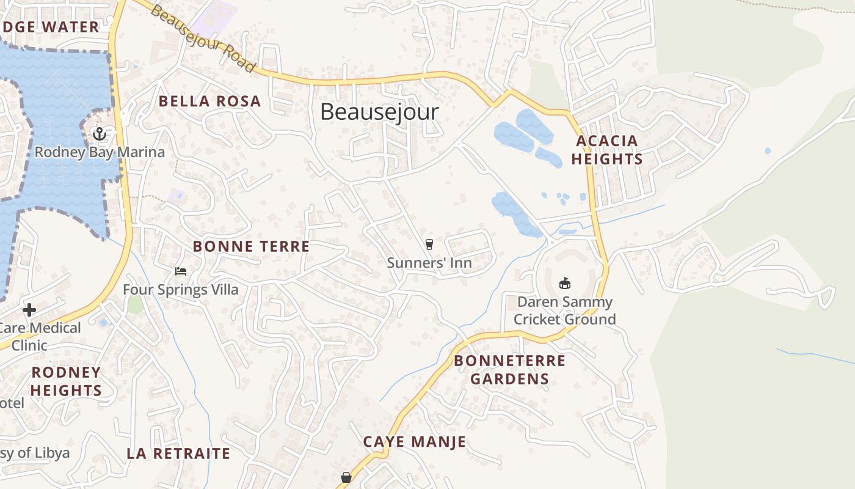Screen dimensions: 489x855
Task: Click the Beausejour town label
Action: (379, 112)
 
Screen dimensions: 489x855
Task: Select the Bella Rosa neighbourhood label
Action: (209, 101)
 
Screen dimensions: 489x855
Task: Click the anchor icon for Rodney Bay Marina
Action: (99, 134)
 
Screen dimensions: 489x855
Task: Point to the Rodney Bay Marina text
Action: (100, 152)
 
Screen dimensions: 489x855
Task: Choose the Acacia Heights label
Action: (607, 150)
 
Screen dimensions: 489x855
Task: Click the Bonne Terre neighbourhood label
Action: (251, 246)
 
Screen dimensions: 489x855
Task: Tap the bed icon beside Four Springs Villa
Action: (180, 271)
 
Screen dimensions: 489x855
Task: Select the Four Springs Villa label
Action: (181, 289)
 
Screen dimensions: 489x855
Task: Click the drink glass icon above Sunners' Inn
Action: (429, 244)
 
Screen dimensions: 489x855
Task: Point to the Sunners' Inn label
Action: (429, 263)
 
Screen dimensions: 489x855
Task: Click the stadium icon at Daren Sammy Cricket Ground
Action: (565, 283)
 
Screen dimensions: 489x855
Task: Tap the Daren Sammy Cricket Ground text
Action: (564, 311)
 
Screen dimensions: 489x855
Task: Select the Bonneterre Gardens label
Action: (509, 369)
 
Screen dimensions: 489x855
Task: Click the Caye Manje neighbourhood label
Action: (414, 441)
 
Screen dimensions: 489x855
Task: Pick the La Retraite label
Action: (178, 454)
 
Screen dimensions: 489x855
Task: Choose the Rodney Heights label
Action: (66, 381)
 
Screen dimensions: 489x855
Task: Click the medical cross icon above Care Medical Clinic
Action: (29, 310)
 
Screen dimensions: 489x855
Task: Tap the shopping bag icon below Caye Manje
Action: (346, 477)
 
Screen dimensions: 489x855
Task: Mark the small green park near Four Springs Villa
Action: (135, 304)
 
